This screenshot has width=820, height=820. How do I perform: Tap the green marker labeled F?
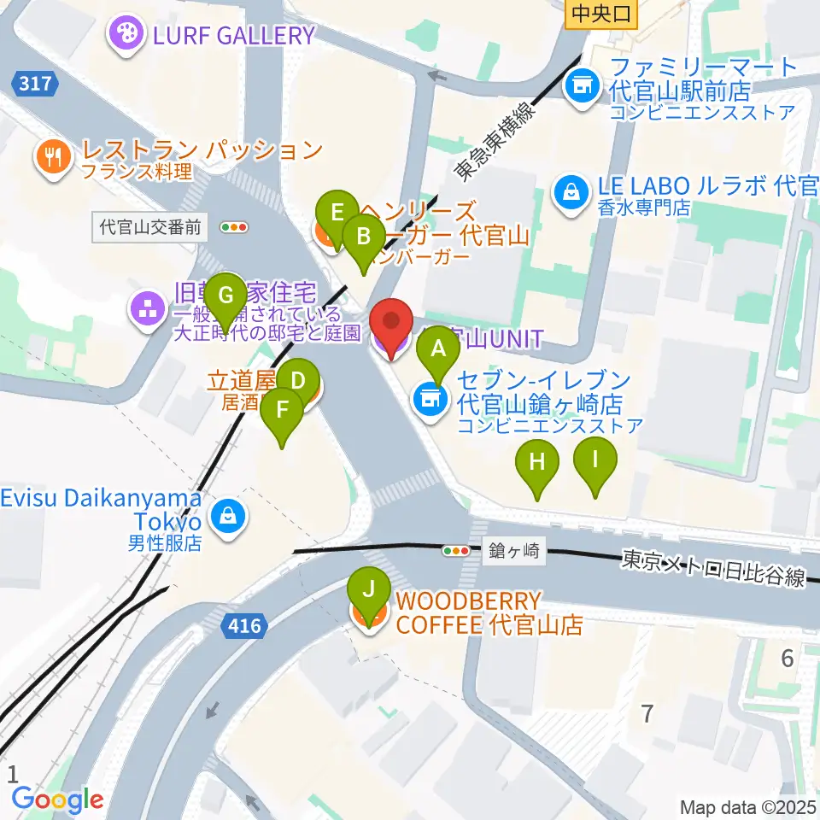point(282,416)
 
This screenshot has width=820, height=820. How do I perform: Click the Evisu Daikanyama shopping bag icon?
point(228,516)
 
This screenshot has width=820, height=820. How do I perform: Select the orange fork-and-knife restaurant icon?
point(54,155)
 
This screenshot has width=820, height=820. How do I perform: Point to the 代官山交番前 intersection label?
point(150,227)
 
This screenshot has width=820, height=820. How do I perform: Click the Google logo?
point(58,799)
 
